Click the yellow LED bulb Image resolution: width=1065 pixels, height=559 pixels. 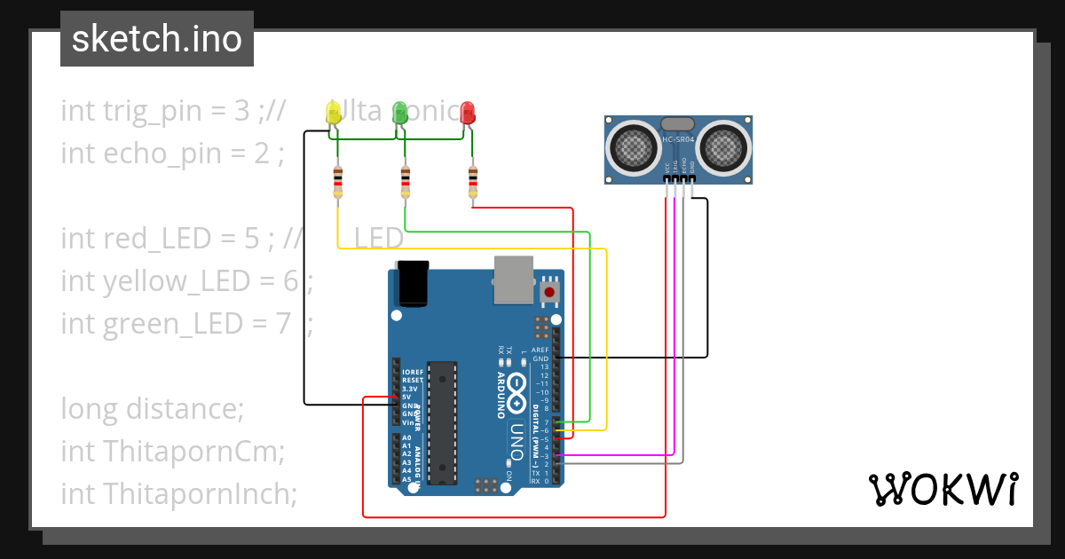[334, 112]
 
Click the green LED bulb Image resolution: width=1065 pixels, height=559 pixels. [400, 112]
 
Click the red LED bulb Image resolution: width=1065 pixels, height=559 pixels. [468, 112]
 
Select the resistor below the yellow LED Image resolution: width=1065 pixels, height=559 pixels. [338, 182]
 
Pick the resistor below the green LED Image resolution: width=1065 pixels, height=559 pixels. [406, 182]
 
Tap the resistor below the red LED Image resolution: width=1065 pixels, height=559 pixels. [473, 182]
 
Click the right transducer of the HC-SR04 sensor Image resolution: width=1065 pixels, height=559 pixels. [723, 145]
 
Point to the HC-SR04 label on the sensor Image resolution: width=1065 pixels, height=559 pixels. [679, 139]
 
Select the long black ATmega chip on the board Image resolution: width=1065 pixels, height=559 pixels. [441, 422]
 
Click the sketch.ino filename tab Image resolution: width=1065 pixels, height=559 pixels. [157, 39]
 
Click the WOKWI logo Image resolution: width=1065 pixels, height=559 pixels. [943, 490]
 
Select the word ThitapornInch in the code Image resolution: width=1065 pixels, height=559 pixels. [200, 493]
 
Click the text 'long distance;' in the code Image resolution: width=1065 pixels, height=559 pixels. [152, 409]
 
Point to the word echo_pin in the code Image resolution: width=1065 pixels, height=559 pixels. [169, 154]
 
